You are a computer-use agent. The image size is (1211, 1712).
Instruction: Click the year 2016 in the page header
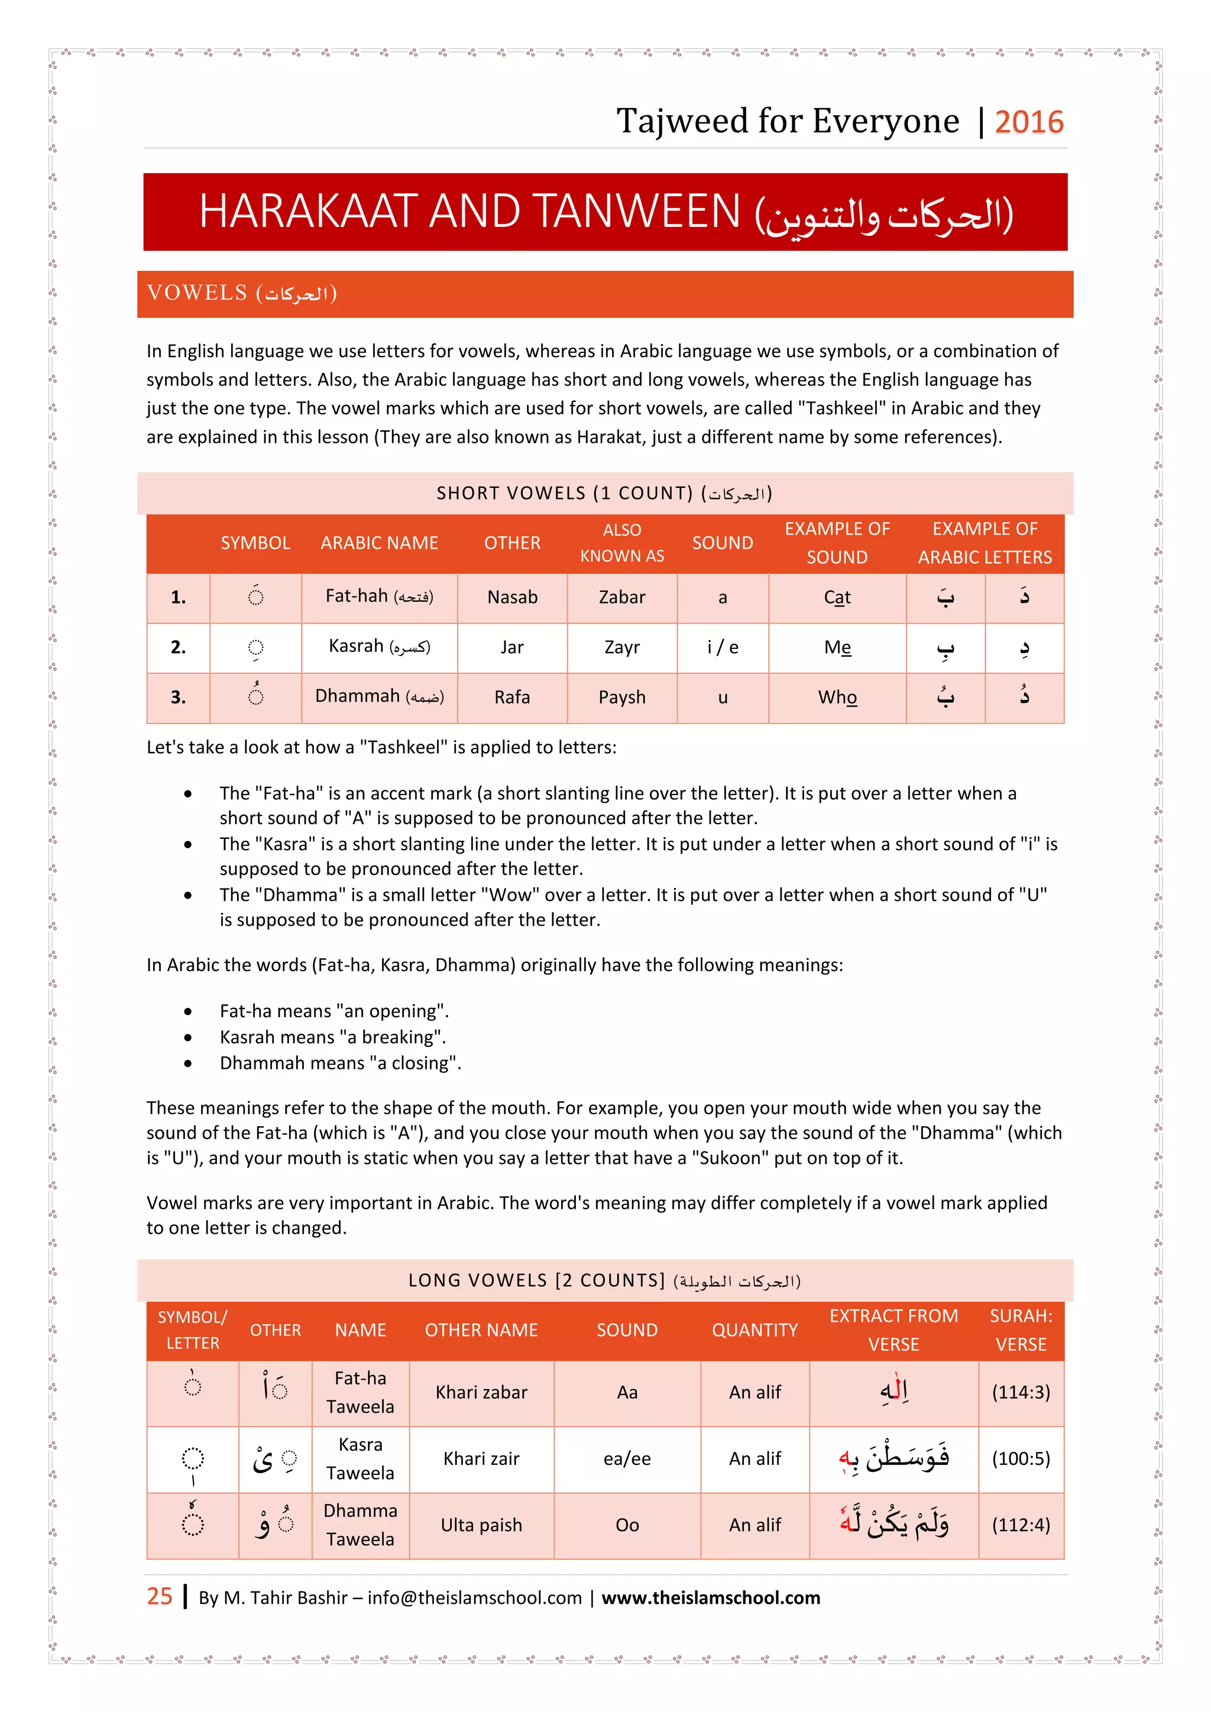(x=1028, y=122)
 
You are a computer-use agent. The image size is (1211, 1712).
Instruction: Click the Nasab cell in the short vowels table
(x=511, y=597)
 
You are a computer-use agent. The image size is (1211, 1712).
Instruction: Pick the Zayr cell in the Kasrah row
(x=622, y=647)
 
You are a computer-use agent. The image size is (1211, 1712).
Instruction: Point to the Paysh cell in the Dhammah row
(x=622, y=697)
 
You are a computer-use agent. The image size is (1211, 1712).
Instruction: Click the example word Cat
(x=837, y=597)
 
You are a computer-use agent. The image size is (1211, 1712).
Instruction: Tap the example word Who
(x=837, y=697)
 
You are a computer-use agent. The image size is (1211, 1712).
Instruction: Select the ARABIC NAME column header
(x=379, y=543)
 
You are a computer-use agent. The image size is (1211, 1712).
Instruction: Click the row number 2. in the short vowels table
(x=178, y=647)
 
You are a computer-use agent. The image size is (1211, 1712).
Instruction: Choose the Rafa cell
(x=511, y=697)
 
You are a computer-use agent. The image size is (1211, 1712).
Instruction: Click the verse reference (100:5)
(x=1020, y=1458)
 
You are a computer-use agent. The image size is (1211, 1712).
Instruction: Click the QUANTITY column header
(x=754, y=1330)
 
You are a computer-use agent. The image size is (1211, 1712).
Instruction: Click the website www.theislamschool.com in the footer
(x=710, y=1598)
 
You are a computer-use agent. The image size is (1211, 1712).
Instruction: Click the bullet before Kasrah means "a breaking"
(x=188, y=1037)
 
